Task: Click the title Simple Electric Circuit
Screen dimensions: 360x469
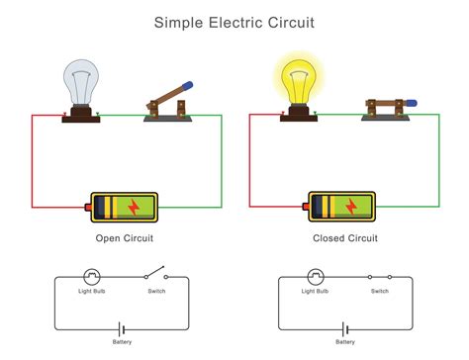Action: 234,21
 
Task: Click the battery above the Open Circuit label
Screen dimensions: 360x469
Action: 123,206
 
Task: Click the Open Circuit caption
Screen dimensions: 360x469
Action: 124,238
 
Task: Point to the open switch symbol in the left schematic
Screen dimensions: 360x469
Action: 154,276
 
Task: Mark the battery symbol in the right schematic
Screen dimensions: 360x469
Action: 345,328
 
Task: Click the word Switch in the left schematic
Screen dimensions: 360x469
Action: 155,292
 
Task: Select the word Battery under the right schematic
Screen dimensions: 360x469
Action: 345,342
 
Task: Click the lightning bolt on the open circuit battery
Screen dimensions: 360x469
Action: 133,206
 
